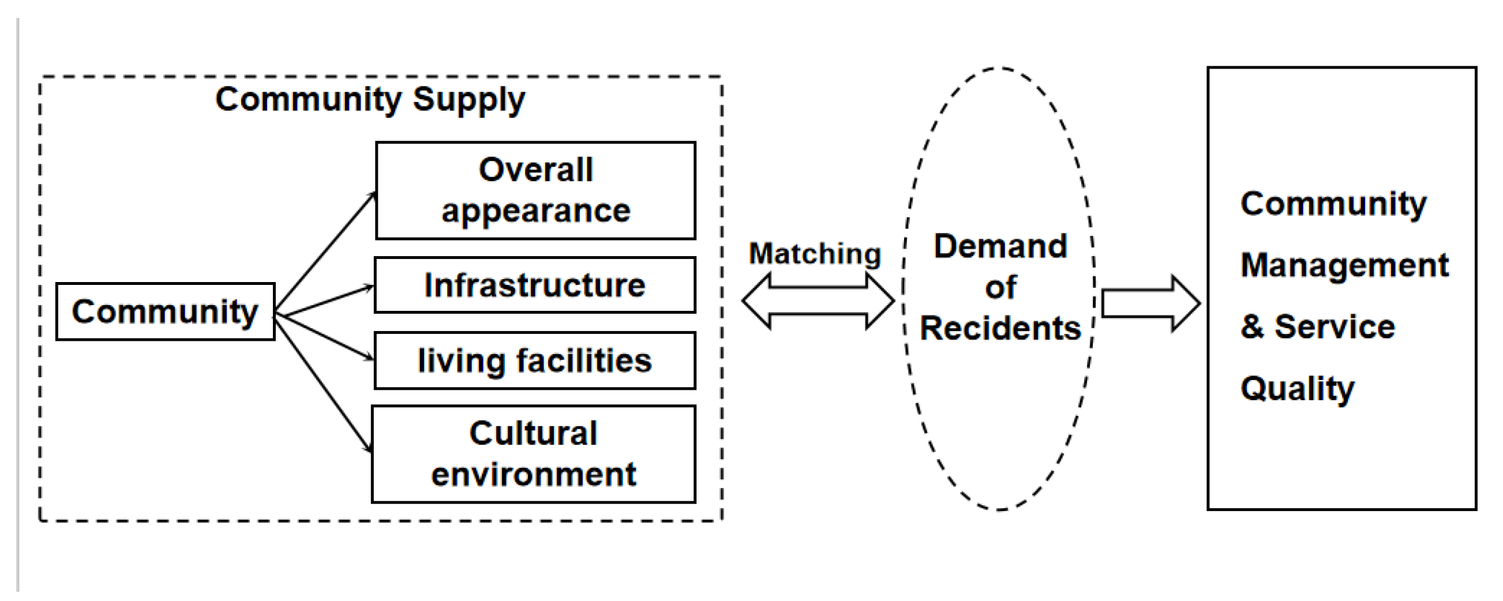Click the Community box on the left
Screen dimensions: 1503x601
pyautogui.click(x=166, y=311)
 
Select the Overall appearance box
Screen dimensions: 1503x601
pyautogui.click(x=535, y=190)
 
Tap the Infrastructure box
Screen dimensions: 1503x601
pyautogui.click(x=535, y=286)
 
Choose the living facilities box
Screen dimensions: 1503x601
pyautogui.click(x=535, y=360)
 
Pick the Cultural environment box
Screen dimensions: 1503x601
pyautogui.click(x=534, y=454)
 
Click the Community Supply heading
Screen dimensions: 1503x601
pyautogui.click(x=370, y=100)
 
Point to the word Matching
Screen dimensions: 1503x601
pyautogui.click(x=815, y=254)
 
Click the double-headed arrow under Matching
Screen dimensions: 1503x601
pyautogui.click(x=818, y=301)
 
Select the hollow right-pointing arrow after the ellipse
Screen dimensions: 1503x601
pyautogui.click(x=1150, y=304)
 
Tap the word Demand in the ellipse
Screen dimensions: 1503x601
pyautogui.click(x=1000, y=246)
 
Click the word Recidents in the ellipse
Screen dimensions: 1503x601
pyautogui.click(x=1000, y=328)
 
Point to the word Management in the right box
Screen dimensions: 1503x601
pyautogui.click(x=1345, y=266)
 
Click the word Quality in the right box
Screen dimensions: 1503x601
pyautogui.click(x=1298, y=389)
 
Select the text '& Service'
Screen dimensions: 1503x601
pyautogui.click(x=1318, y=326)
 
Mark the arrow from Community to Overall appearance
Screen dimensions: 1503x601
pyautogui.click(x=325, y=251)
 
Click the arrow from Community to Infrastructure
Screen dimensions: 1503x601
pyautogui.click(x=324, y=299)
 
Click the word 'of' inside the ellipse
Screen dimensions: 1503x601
pyautogui.click(x=1000, y=287)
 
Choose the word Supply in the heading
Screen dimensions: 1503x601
pyautogui.click(x=469, y=100)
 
